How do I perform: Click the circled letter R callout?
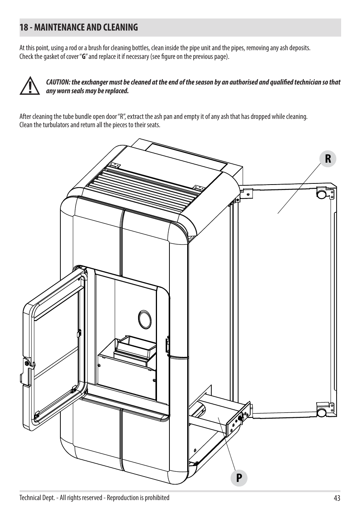pos(328,159)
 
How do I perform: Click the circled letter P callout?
pos(239,478)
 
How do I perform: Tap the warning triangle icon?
pos(30,86)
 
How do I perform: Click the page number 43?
pos(337,497)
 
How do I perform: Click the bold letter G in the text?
pos(84,56)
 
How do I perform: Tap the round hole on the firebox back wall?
pos(145,319)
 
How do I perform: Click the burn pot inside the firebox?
pos(135,349)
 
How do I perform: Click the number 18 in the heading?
pos(23,28)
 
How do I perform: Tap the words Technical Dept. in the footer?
pos(37,498)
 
